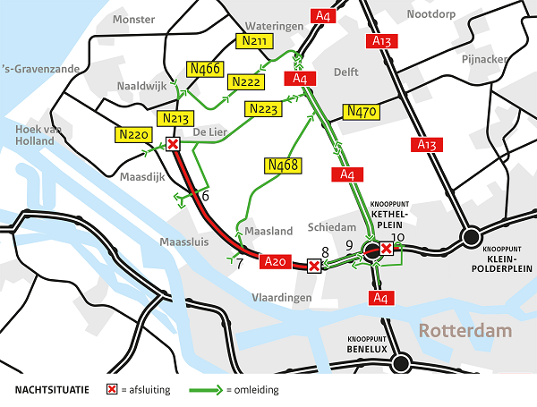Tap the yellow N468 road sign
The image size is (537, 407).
(283, 165)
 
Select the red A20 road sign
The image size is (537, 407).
(277, 261)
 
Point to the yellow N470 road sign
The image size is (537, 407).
(361, 112)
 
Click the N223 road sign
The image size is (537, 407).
(264, 109)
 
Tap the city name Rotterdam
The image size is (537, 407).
(466, 331)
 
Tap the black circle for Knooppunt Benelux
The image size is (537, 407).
(400, 362)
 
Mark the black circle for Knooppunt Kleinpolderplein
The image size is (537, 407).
(470, 237)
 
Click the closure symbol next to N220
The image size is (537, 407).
(174, 144)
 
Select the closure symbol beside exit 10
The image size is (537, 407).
(386, 249)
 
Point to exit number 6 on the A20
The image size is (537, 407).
(205, 196)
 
